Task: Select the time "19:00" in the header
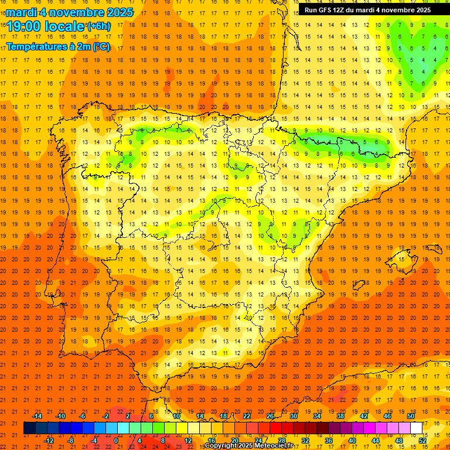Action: pos(23,26)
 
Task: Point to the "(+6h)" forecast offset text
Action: pos(98,26)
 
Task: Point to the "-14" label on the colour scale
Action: pos(37,416)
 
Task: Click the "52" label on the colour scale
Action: pos(422,440)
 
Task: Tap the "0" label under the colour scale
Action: pos(116,440)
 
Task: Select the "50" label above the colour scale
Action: pos(411,416)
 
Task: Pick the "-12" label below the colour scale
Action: pos(49,440)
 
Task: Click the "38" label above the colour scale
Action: pos(340,416)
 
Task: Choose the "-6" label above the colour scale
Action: pos(83,416)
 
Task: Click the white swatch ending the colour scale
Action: pos(417,428)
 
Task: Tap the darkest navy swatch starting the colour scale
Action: pos(29,428)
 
